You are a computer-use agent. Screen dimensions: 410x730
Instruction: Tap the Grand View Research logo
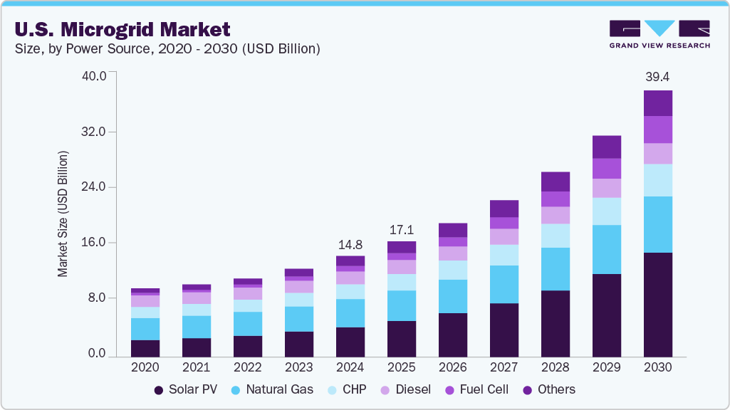tap(659, 34)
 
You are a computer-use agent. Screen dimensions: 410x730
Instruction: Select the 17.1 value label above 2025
tap(401, 231)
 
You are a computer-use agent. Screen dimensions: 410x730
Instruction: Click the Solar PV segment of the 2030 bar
tap(657, 305)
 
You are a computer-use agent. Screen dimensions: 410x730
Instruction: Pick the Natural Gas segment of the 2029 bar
tap(606, 249)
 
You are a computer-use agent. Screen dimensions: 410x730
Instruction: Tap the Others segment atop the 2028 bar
tap(555, 182)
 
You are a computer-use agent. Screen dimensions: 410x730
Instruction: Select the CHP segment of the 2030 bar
tap(657, 180)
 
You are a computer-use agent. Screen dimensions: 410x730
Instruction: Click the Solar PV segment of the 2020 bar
tap(145, 348)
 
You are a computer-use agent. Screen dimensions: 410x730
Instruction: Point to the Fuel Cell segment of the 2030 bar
tap(657, 130)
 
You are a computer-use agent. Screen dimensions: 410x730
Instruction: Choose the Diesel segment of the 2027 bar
tap(504, 236)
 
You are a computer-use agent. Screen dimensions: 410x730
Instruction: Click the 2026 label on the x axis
tap(452, 367)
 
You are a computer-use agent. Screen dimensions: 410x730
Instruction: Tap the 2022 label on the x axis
tap(247, 367)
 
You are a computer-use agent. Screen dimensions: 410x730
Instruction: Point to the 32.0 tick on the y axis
tap(93, 132)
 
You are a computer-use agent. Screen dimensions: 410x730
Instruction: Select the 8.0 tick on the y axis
tap(96, 298)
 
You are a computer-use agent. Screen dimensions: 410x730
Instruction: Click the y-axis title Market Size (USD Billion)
tap(63, 214)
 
